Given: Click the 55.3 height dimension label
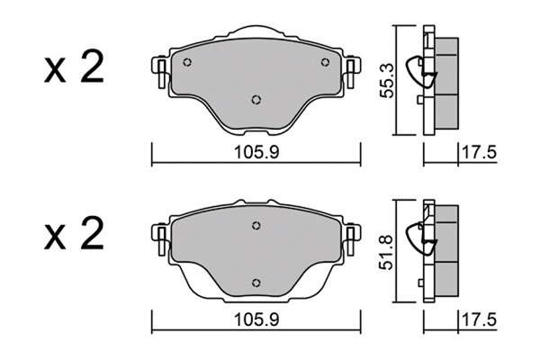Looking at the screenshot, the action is [387, 81].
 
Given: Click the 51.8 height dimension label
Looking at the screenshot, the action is [386, 253].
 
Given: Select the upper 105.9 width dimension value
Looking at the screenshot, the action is [256, 153].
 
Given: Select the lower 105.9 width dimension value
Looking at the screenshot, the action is [256, 320].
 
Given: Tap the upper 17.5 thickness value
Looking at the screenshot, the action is [479, 153].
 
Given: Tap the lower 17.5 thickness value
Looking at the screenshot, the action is [479, 320].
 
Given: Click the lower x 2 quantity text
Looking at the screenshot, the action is [74, 234].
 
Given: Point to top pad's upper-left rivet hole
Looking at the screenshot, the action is [187, 62].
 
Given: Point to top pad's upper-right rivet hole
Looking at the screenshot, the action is [325, 62].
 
